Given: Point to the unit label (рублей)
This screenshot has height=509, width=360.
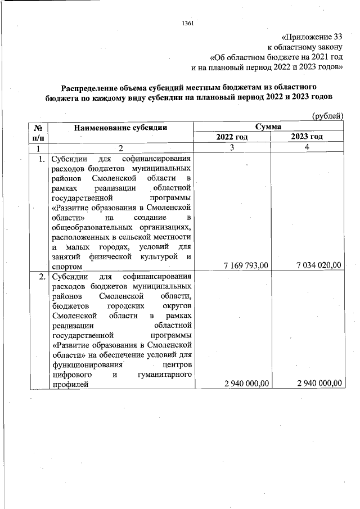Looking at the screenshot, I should pos(327,115).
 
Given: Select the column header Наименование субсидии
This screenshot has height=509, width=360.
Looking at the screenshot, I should pos(120,127).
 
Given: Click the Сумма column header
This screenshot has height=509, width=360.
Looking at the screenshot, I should pos(268,127).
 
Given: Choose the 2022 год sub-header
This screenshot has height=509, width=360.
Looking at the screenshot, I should pos(231,137).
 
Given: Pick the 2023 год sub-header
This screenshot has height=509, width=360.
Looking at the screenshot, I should pos(307,137).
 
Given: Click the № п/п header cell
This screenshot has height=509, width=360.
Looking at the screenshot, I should pos(39,132).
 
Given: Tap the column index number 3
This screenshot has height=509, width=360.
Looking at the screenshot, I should pos(231,147).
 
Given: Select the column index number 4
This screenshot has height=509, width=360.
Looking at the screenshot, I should pos(307,147).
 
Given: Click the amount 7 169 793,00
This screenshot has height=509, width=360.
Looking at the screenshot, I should pos(246,266).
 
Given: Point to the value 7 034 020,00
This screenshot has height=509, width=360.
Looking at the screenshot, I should pos(319,266).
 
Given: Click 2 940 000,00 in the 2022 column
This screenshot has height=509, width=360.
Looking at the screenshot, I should pos(246,384).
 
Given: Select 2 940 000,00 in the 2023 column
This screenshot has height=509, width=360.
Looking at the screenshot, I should pos(319,384).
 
